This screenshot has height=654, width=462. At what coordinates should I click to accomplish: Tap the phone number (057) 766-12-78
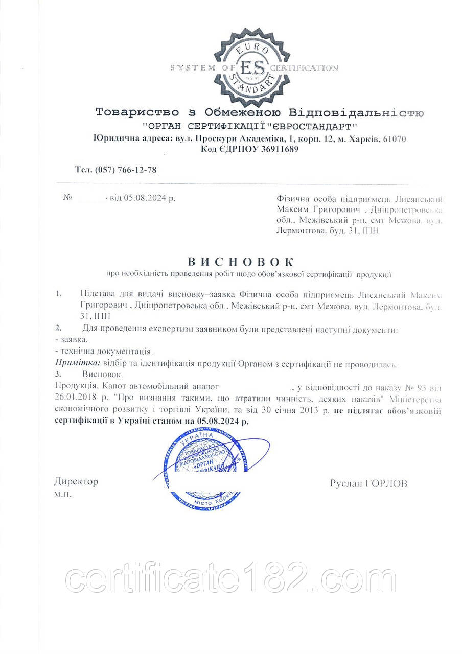point(126,170)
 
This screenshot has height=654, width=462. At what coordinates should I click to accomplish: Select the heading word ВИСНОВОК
point(241,262)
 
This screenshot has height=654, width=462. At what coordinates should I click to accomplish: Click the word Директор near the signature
point(76,481)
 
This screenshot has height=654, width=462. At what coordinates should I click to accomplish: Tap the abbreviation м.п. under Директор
point(63,495)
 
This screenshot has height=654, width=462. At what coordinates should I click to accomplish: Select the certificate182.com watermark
point(232,581)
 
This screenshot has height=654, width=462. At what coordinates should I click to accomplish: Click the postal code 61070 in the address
point(394,139)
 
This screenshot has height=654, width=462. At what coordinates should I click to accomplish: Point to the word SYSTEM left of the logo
point(189,68)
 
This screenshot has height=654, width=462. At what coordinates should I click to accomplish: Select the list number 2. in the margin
point(59,326)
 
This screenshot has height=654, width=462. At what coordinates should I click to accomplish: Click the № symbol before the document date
point(66,198)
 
